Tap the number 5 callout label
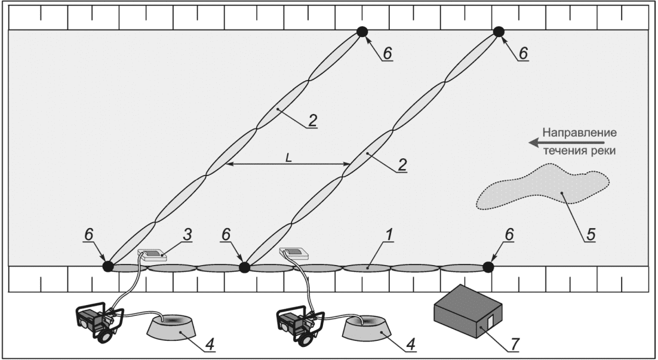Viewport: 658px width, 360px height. (591, 235)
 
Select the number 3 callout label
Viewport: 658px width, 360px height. (187, 235)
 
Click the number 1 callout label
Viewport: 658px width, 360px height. (389, 235)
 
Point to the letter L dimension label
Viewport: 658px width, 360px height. (288, 158)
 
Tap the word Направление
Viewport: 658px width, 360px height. (580, 133)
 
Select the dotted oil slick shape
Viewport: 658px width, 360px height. (543, 187)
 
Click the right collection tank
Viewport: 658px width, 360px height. (367, 327)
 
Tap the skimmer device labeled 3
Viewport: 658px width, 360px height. (152, 255)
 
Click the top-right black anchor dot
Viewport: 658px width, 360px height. (499, 32)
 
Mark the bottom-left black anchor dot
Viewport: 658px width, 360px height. (108, 266)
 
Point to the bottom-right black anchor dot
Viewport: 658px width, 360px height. (488, 267)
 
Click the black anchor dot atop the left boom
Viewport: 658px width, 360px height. (362, 32)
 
